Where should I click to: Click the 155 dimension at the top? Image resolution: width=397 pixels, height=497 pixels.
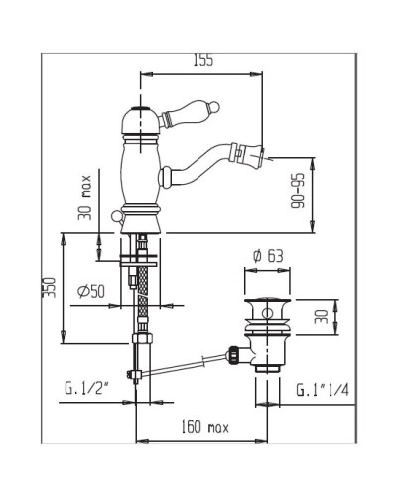click(x=203, y=60)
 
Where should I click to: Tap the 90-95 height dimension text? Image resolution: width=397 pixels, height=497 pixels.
click(x=298, y=191)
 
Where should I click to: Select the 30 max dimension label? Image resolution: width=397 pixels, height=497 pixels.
click(x=84, y=197)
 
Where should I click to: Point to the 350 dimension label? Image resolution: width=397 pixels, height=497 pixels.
click(x=49, y=287)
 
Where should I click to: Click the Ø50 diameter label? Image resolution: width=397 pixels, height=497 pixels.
click(x=91, y=291)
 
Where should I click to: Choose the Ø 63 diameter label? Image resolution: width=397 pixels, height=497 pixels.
click(x=268, y=256)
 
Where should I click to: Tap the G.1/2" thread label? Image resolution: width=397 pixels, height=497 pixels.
click(x=86, y=389)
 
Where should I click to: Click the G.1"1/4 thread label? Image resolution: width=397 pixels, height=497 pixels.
click(x=323, y=390)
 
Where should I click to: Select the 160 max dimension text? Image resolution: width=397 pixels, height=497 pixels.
click(x=204, y=426)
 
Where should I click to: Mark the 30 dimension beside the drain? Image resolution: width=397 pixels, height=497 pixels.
click(x=321, y=317)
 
